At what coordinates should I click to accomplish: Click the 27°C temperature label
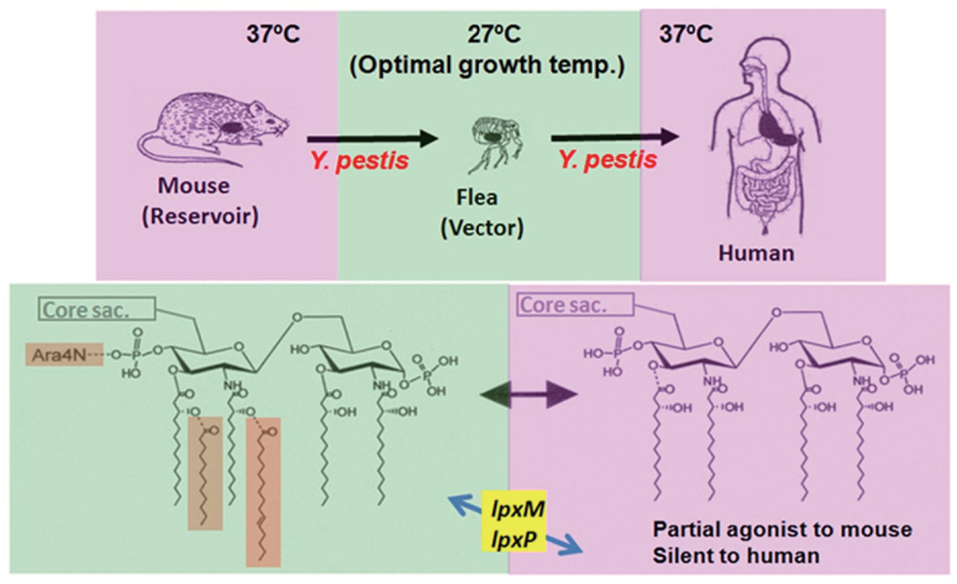[488, 37]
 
